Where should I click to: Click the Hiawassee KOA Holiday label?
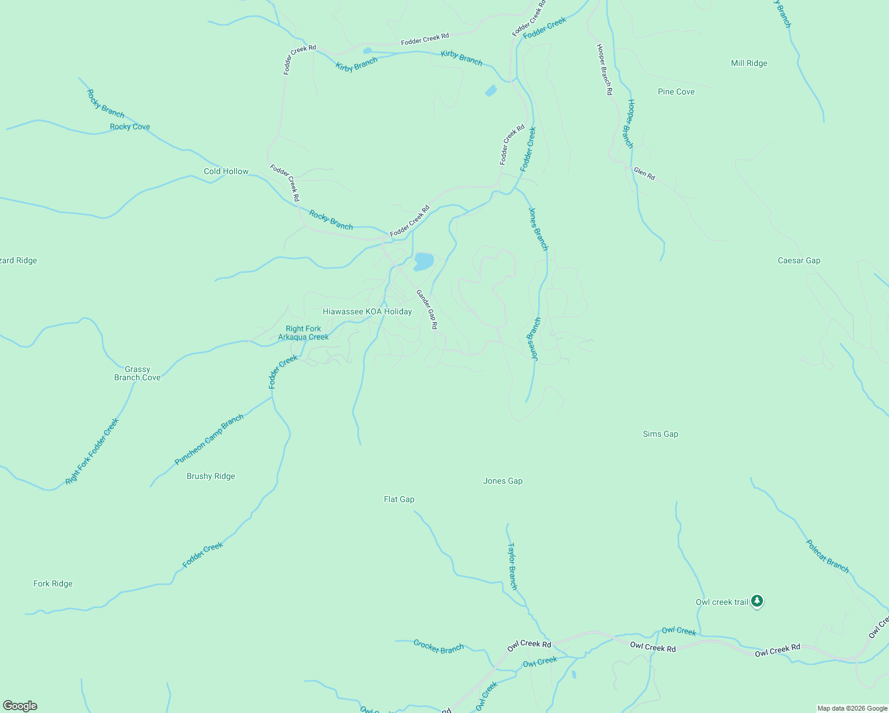(367, 311)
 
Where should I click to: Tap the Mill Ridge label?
(749, 63)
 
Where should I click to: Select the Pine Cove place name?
(676, 92)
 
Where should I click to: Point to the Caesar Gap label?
(799, 260)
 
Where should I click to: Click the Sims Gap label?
(660, 434)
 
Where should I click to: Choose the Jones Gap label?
(503, 481)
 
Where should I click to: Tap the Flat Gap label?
(399, 499)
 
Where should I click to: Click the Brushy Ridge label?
(210, 476)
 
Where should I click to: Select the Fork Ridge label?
(53, 583)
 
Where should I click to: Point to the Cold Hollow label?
(226, 171)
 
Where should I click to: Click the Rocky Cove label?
(130, 127)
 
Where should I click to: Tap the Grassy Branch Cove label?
(137, 373)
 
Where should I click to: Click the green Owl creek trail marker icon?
(756, 601)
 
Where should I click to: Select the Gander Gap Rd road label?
(427, 309)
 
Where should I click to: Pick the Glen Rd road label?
(644, 173)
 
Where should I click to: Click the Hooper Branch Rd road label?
(604, 70)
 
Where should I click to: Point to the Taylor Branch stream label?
(512, 566)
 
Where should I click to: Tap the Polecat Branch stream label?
(827, 556)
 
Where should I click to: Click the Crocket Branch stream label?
(439, 647)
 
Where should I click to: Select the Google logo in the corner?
(20, 706)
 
